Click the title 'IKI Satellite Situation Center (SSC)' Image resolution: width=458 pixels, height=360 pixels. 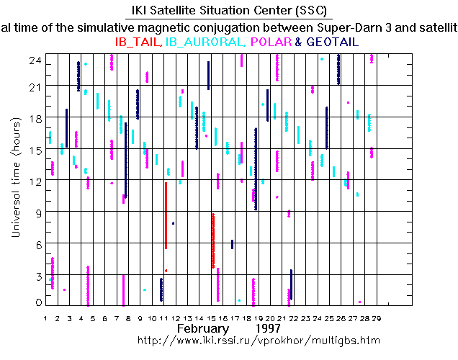click(x=228, y=11)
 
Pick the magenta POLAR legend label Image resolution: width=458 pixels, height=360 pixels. click(x=271, y=42)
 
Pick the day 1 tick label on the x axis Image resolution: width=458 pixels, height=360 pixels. click(x=45, y=317)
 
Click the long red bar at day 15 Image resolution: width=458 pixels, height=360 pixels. click(x=212, y=240)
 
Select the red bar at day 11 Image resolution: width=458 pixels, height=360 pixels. click(x=166, y=215)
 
